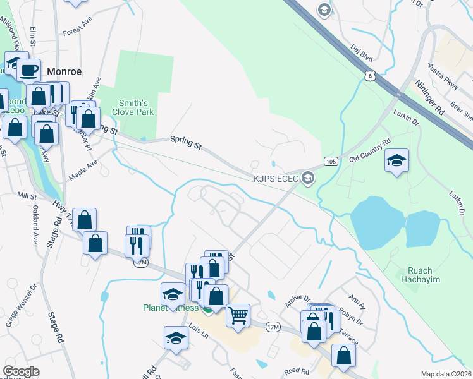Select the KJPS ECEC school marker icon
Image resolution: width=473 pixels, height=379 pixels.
308,178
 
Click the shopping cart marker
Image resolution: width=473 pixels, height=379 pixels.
238,315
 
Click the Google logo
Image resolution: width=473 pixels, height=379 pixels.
21,371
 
